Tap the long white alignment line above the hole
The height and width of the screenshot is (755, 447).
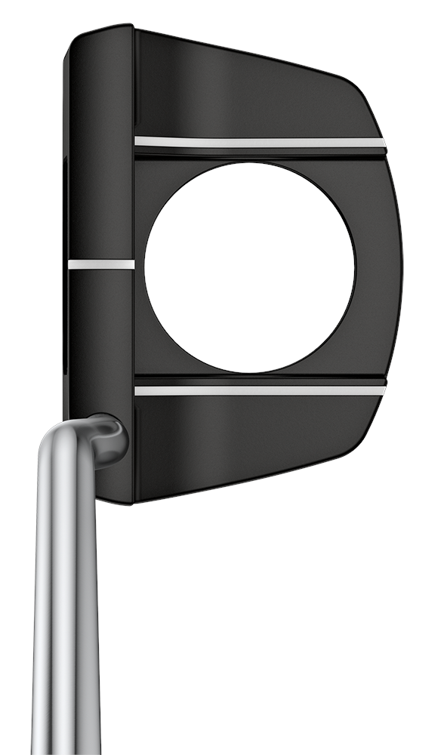(x=260, y=142)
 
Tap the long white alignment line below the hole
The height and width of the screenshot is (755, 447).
(x=260, y=390)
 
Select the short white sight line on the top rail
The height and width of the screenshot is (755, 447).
(x=101, y=264)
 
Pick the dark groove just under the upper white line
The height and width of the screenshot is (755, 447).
(x=260, y=153)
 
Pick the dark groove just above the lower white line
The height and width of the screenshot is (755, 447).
(x=260, y=380)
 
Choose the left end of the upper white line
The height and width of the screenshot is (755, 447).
(x=138, y=141)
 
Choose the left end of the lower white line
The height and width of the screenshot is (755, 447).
(x=138, y=390)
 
